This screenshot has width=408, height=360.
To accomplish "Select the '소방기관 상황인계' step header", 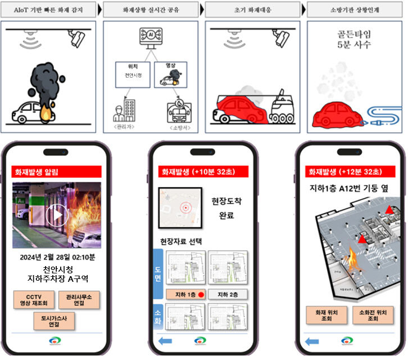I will [x=354, y=10].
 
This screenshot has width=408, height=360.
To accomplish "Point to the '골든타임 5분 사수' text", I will [x=351, y=40].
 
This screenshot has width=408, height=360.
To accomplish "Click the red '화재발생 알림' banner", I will [x=56, y=172].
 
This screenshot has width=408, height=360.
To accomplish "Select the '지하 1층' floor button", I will [x=185, y=294].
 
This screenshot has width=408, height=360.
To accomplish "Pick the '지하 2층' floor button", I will [x=226, y=294].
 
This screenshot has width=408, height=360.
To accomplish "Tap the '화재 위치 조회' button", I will [x=326, y=316].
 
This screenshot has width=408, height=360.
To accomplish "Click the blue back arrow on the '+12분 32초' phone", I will [x=312, y=341].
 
